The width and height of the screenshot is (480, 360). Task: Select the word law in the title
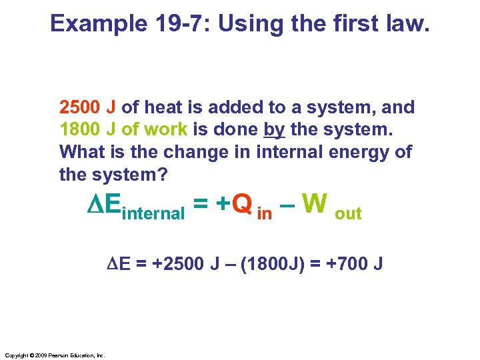point(411,23)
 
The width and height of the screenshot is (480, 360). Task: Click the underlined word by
point(275,130)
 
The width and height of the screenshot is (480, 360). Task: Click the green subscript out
point(348,214)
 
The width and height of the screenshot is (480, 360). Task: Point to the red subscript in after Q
point(265,214)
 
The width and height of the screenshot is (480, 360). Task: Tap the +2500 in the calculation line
point(175,265)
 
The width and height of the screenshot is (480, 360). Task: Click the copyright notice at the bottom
point(54,355)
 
